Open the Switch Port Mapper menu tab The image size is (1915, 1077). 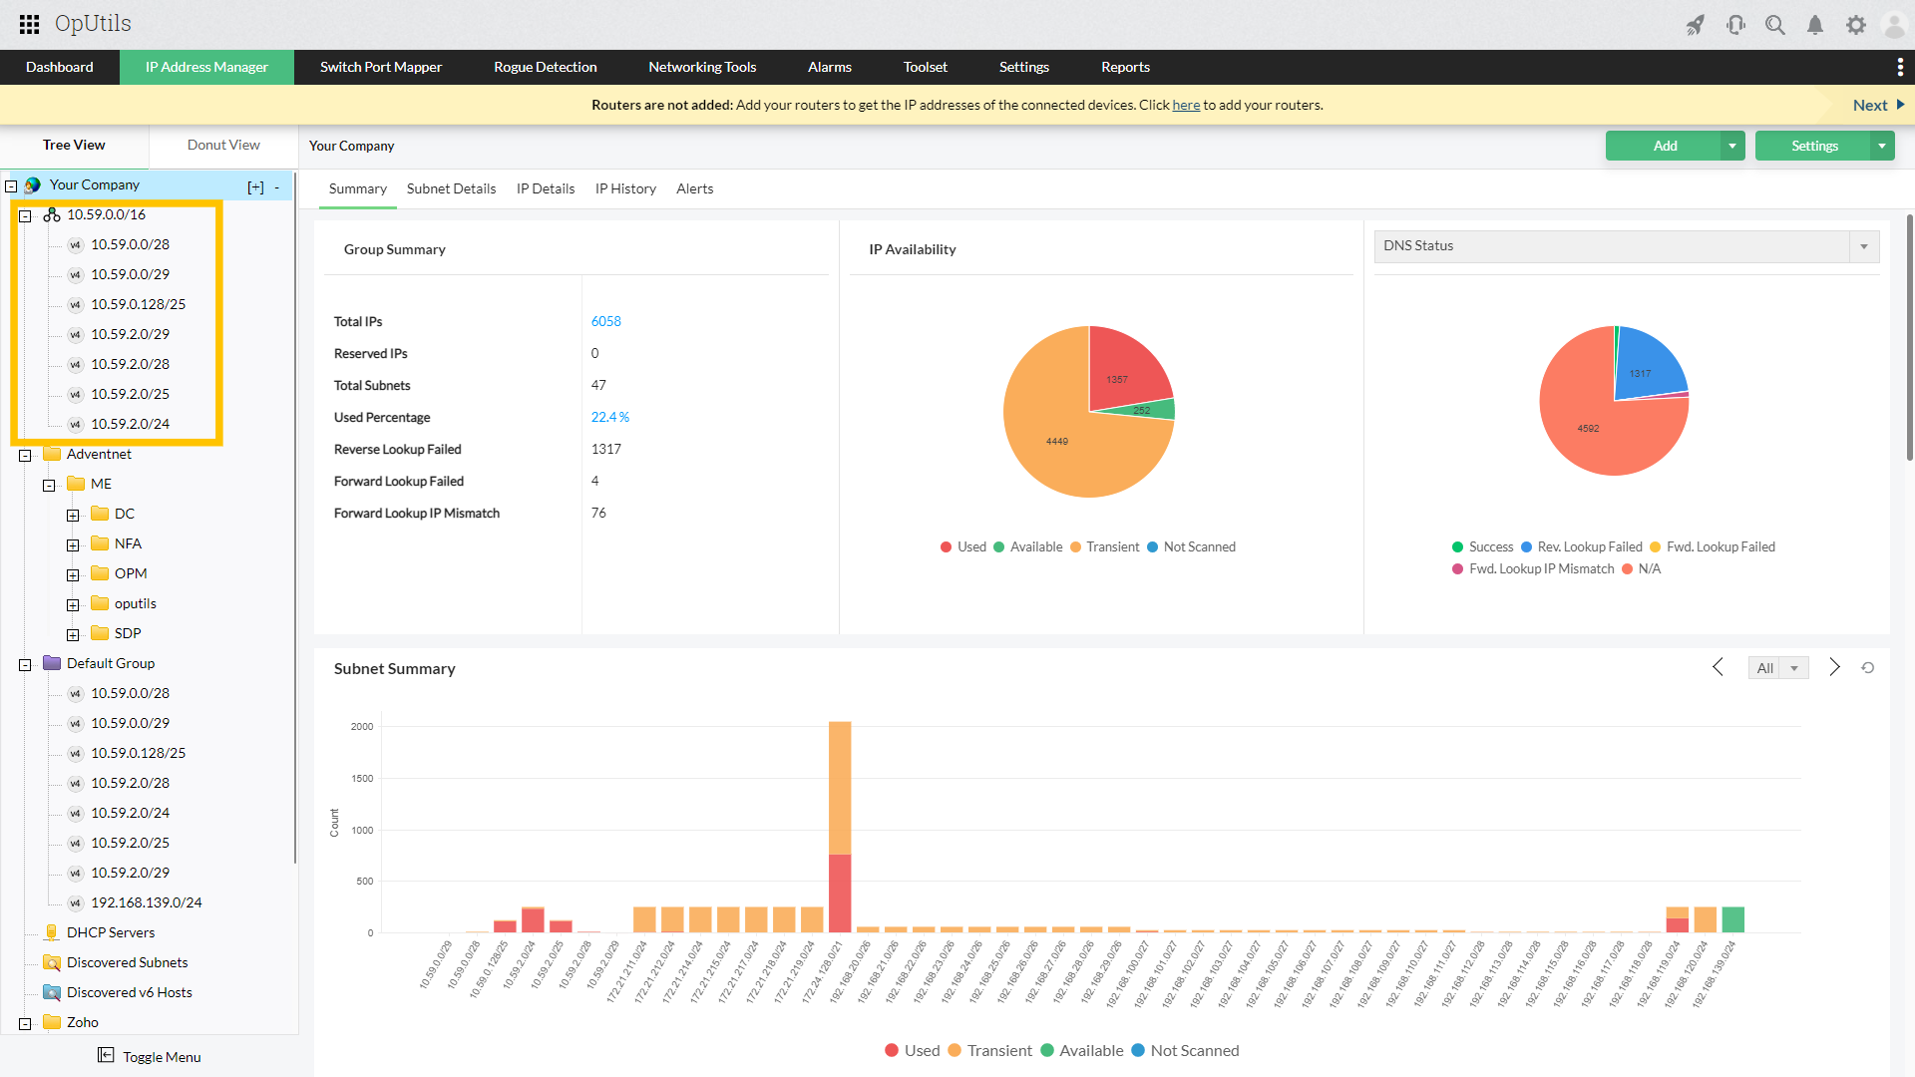(x=380, y=67)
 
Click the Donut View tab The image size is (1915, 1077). (x=223, y=145)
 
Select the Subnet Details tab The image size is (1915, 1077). (x=451, y=188)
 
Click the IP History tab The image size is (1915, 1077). (x=625, y=188)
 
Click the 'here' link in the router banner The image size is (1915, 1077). (x=1186, y=105)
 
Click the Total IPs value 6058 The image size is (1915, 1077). (x=605, y=321)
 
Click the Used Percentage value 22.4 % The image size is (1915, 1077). (x=609, y=417)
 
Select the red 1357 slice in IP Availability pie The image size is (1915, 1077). (x=1125, y=369)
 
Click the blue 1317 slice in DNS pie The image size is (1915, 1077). (x=1646, y=366)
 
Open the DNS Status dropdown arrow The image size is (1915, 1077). (x=1863, y=246)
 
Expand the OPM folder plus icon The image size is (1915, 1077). (x=73, y=574)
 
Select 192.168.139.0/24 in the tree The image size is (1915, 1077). (x=146, y=902)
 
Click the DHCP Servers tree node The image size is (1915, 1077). (x=110, y=932)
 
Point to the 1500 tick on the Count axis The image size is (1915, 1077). (x=362, y=778)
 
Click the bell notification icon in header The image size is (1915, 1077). (x=1815, y=25)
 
